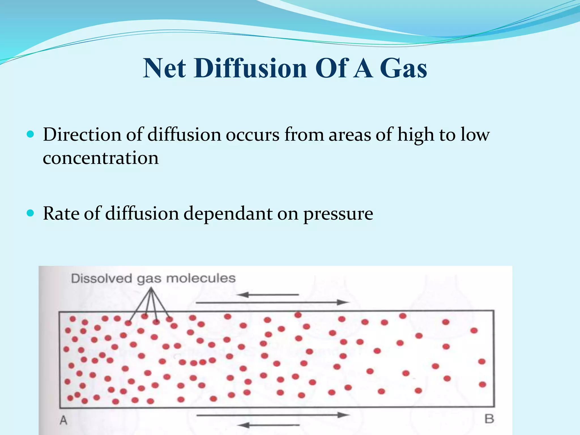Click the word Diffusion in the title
click(251, 68)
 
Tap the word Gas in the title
click(403, 68)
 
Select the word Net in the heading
click(164, 68)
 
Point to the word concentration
click(101, 158)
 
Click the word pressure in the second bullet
click(338, 214)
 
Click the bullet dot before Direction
click(30, 134)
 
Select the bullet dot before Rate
click(30, 213)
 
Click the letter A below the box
click(63, 420)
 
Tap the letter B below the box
click(489, 419)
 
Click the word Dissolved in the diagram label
click(102, 278)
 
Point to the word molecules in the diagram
click(201, 278)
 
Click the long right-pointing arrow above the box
click(272, 302)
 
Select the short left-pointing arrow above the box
click(268, 295)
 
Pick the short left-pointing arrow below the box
click(268, 425)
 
